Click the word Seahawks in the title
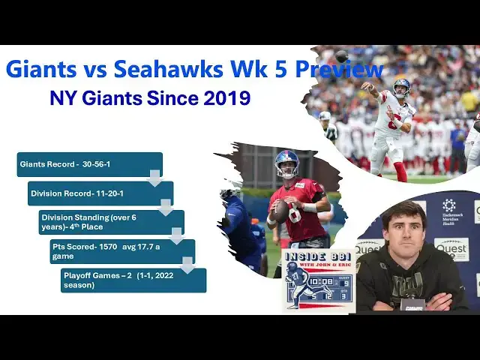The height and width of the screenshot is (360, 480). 169,69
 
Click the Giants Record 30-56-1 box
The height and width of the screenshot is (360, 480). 88,164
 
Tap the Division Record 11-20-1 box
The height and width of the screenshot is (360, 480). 100,193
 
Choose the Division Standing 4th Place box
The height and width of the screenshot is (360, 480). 111,222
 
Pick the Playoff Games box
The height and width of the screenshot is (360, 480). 133,280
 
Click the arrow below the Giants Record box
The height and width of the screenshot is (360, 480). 155,178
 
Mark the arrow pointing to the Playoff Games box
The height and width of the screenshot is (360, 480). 188,265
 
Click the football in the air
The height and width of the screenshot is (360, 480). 341,56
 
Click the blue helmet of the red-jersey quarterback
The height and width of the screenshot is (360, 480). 286,160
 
